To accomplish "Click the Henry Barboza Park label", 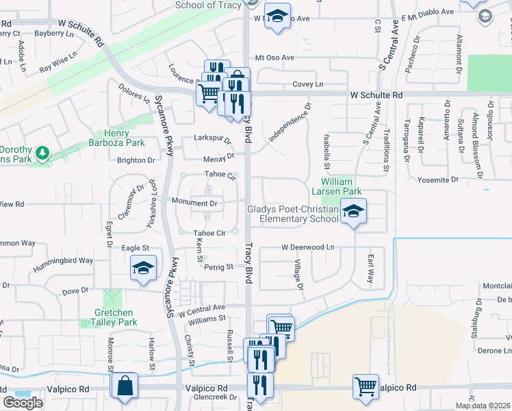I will (x=125, y=138).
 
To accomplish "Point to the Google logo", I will (x=23, y=403).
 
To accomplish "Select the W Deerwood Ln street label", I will (x=307, y=247).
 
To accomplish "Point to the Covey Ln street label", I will (x=307, y=84).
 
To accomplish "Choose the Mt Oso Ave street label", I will (x=274, y=58).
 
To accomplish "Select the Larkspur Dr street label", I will (x=213, y=138).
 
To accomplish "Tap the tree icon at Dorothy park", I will (x=42, y=151).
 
